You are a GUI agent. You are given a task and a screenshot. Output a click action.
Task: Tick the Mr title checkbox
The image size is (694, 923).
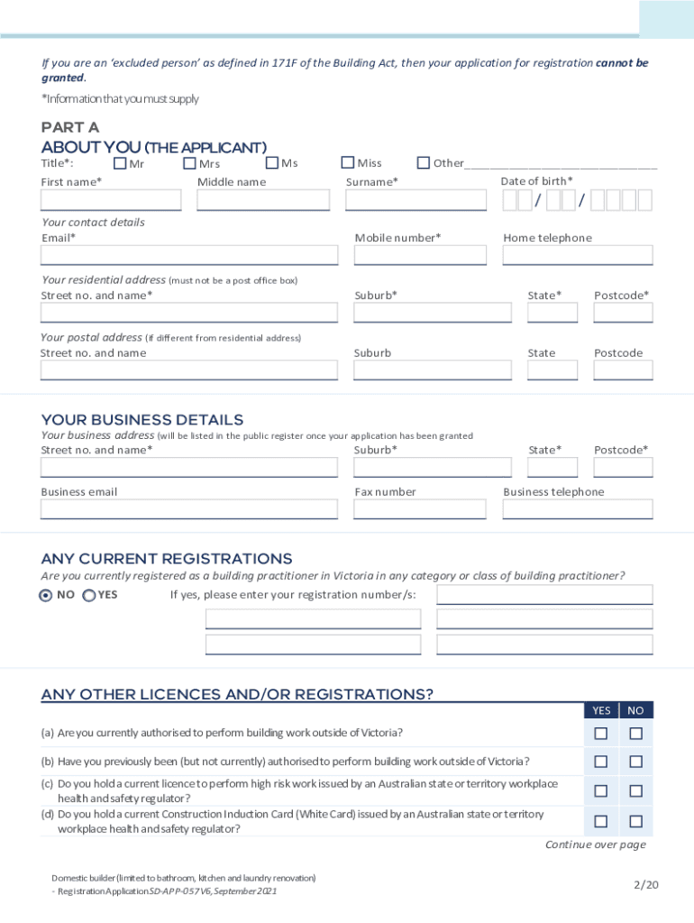click(120, 163)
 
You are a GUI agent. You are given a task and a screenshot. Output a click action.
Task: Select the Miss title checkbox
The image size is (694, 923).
click(347, 163)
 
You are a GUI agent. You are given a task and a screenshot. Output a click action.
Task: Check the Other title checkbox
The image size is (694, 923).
click(423, 163)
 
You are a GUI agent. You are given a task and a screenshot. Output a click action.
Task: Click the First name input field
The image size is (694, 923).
click(111, 200)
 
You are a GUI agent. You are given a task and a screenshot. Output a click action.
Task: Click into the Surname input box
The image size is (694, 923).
click(415, 200)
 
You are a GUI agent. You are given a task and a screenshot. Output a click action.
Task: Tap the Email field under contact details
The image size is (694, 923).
click(189, 255)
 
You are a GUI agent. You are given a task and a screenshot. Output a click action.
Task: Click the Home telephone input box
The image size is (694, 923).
click(578, 255)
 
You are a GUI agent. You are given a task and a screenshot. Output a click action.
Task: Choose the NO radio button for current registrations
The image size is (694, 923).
click(46, 596)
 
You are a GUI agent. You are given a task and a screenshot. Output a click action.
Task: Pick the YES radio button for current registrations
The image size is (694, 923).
click(89, 596)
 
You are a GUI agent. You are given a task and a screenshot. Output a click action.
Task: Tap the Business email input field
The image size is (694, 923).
click(189, 509)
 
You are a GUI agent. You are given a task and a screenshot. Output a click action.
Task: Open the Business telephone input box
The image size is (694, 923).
click(578, 509)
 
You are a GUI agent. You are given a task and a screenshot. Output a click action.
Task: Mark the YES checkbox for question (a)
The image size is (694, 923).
click(601, 734)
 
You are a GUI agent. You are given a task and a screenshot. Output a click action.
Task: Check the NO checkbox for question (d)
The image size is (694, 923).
click(635, 821)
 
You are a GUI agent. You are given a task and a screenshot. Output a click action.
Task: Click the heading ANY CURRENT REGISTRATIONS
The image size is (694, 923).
click(167, 559)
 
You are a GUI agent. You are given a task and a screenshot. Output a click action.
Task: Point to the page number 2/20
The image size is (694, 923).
click(646, 884)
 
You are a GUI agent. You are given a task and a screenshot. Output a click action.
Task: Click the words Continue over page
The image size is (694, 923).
click(596, 845)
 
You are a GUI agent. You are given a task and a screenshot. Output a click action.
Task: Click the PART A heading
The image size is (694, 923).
click(70, 127)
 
